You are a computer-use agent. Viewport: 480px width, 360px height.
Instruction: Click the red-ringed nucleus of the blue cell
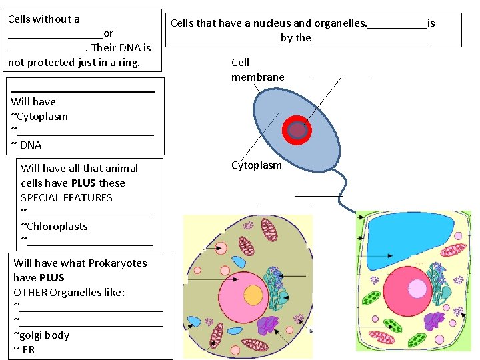[297, 131]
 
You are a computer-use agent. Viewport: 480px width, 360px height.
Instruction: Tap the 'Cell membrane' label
[257, 70]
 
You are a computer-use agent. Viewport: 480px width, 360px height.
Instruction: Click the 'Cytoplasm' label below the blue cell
[256, 165]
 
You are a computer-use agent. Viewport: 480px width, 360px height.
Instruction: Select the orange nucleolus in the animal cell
[253, 294]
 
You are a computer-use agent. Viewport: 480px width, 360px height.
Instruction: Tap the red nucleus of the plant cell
[407, 291]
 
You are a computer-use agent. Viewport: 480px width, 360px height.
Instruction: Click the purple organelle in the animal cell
[268, 325]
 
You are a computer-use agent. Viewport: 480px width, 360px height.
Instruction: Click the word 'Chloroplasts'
[57, 226]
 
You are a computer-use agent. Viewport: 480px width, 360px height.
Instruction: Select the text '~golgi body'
[41, 335]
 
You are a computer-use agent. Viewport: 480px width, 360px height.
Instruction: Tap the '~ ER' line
[24, 349]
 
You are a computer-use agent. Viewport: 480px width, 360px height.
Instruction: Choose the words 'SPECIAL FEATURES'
[67, 197]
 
